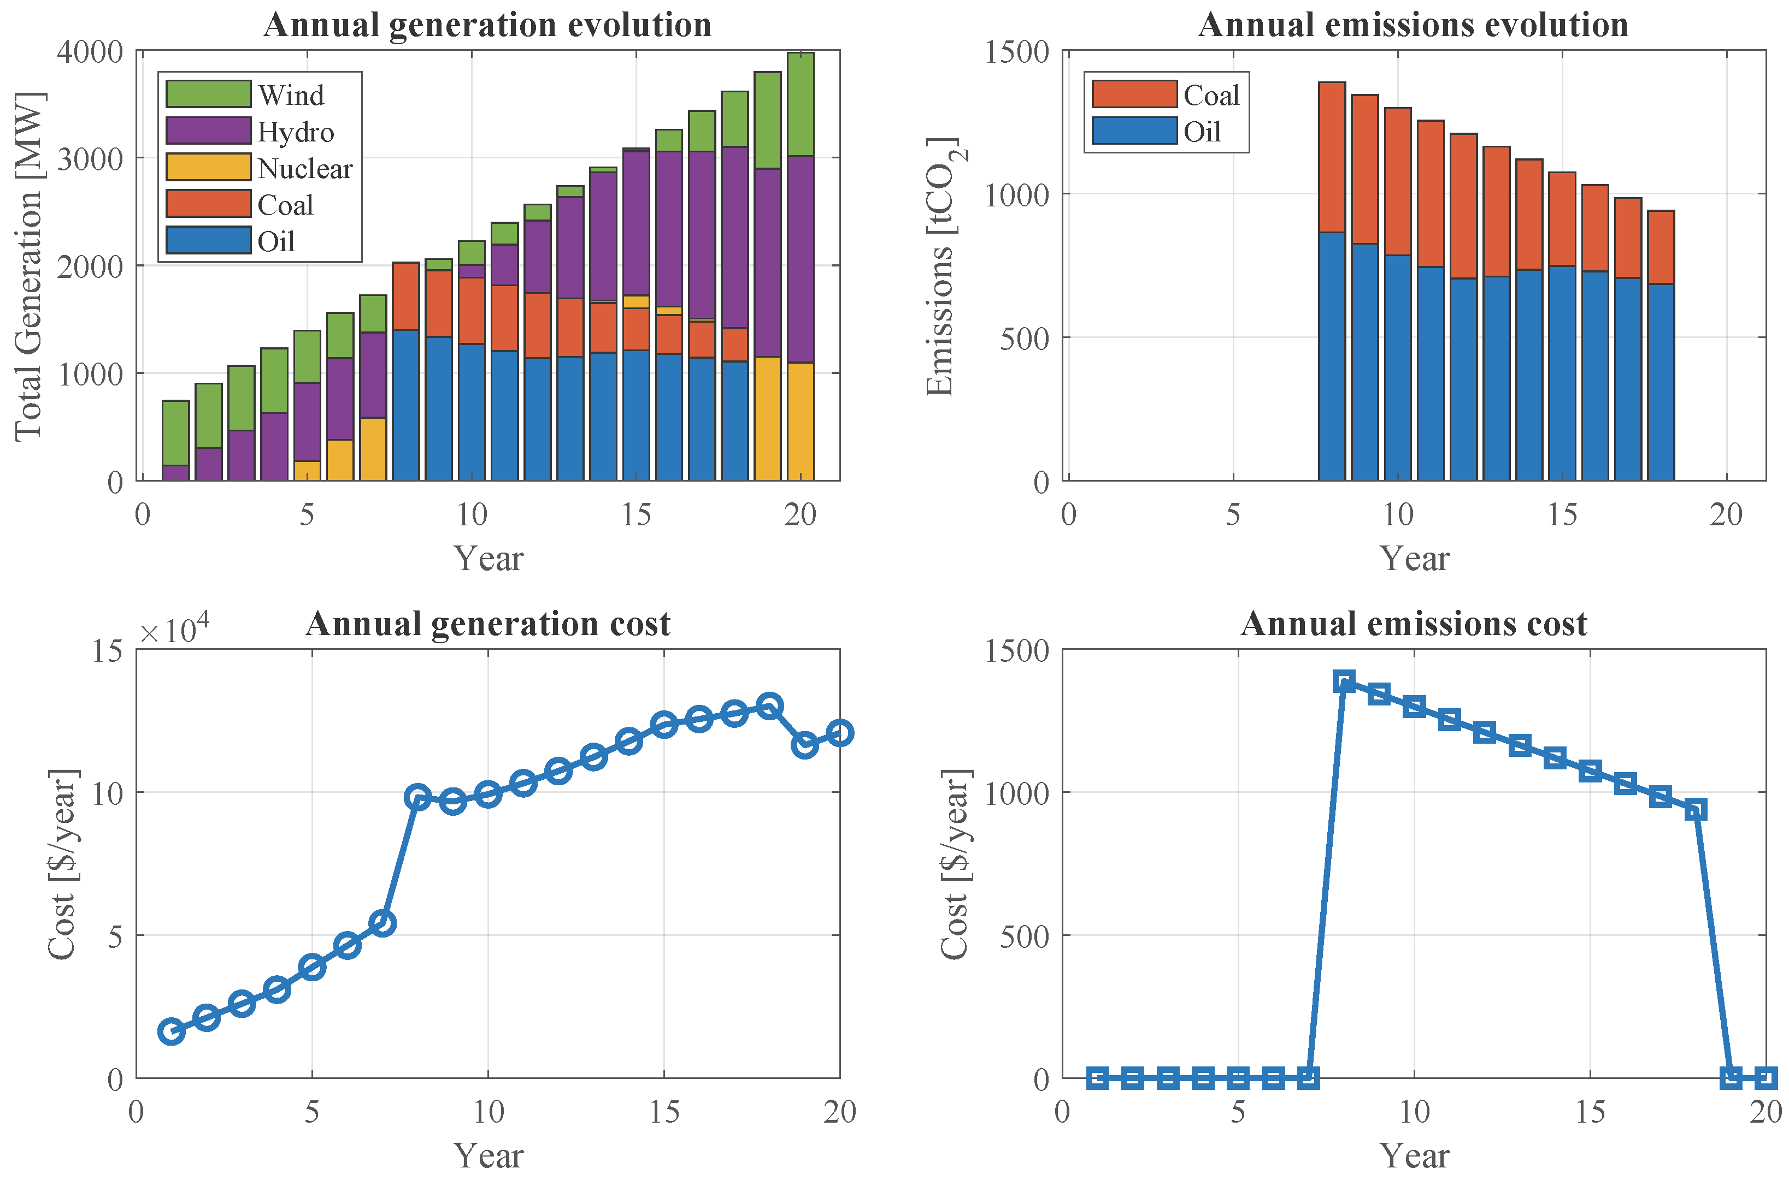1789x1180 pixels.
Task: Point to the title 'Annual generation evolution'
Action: click(x=487, y=25)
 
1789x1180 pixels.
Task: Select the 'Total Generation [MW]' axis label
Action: click(x=28, y=266)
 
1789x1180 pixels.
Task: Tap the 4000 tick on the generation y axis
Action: click(x=90, y=52)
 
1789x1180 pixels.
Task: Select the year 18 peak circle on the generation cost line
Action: click(x=769, y=706)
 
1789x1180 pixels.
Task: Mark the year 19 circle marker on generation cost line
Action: click(x=805, y=745)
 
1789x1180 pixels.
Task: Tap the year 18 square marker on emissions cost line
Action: click(x=1696, y=810)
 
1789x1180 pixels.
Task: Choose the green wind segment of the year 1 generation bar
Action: click(x=175, y=432)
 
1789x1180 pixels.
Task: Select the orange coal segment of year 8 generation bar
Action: click(x=406, y=296)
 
